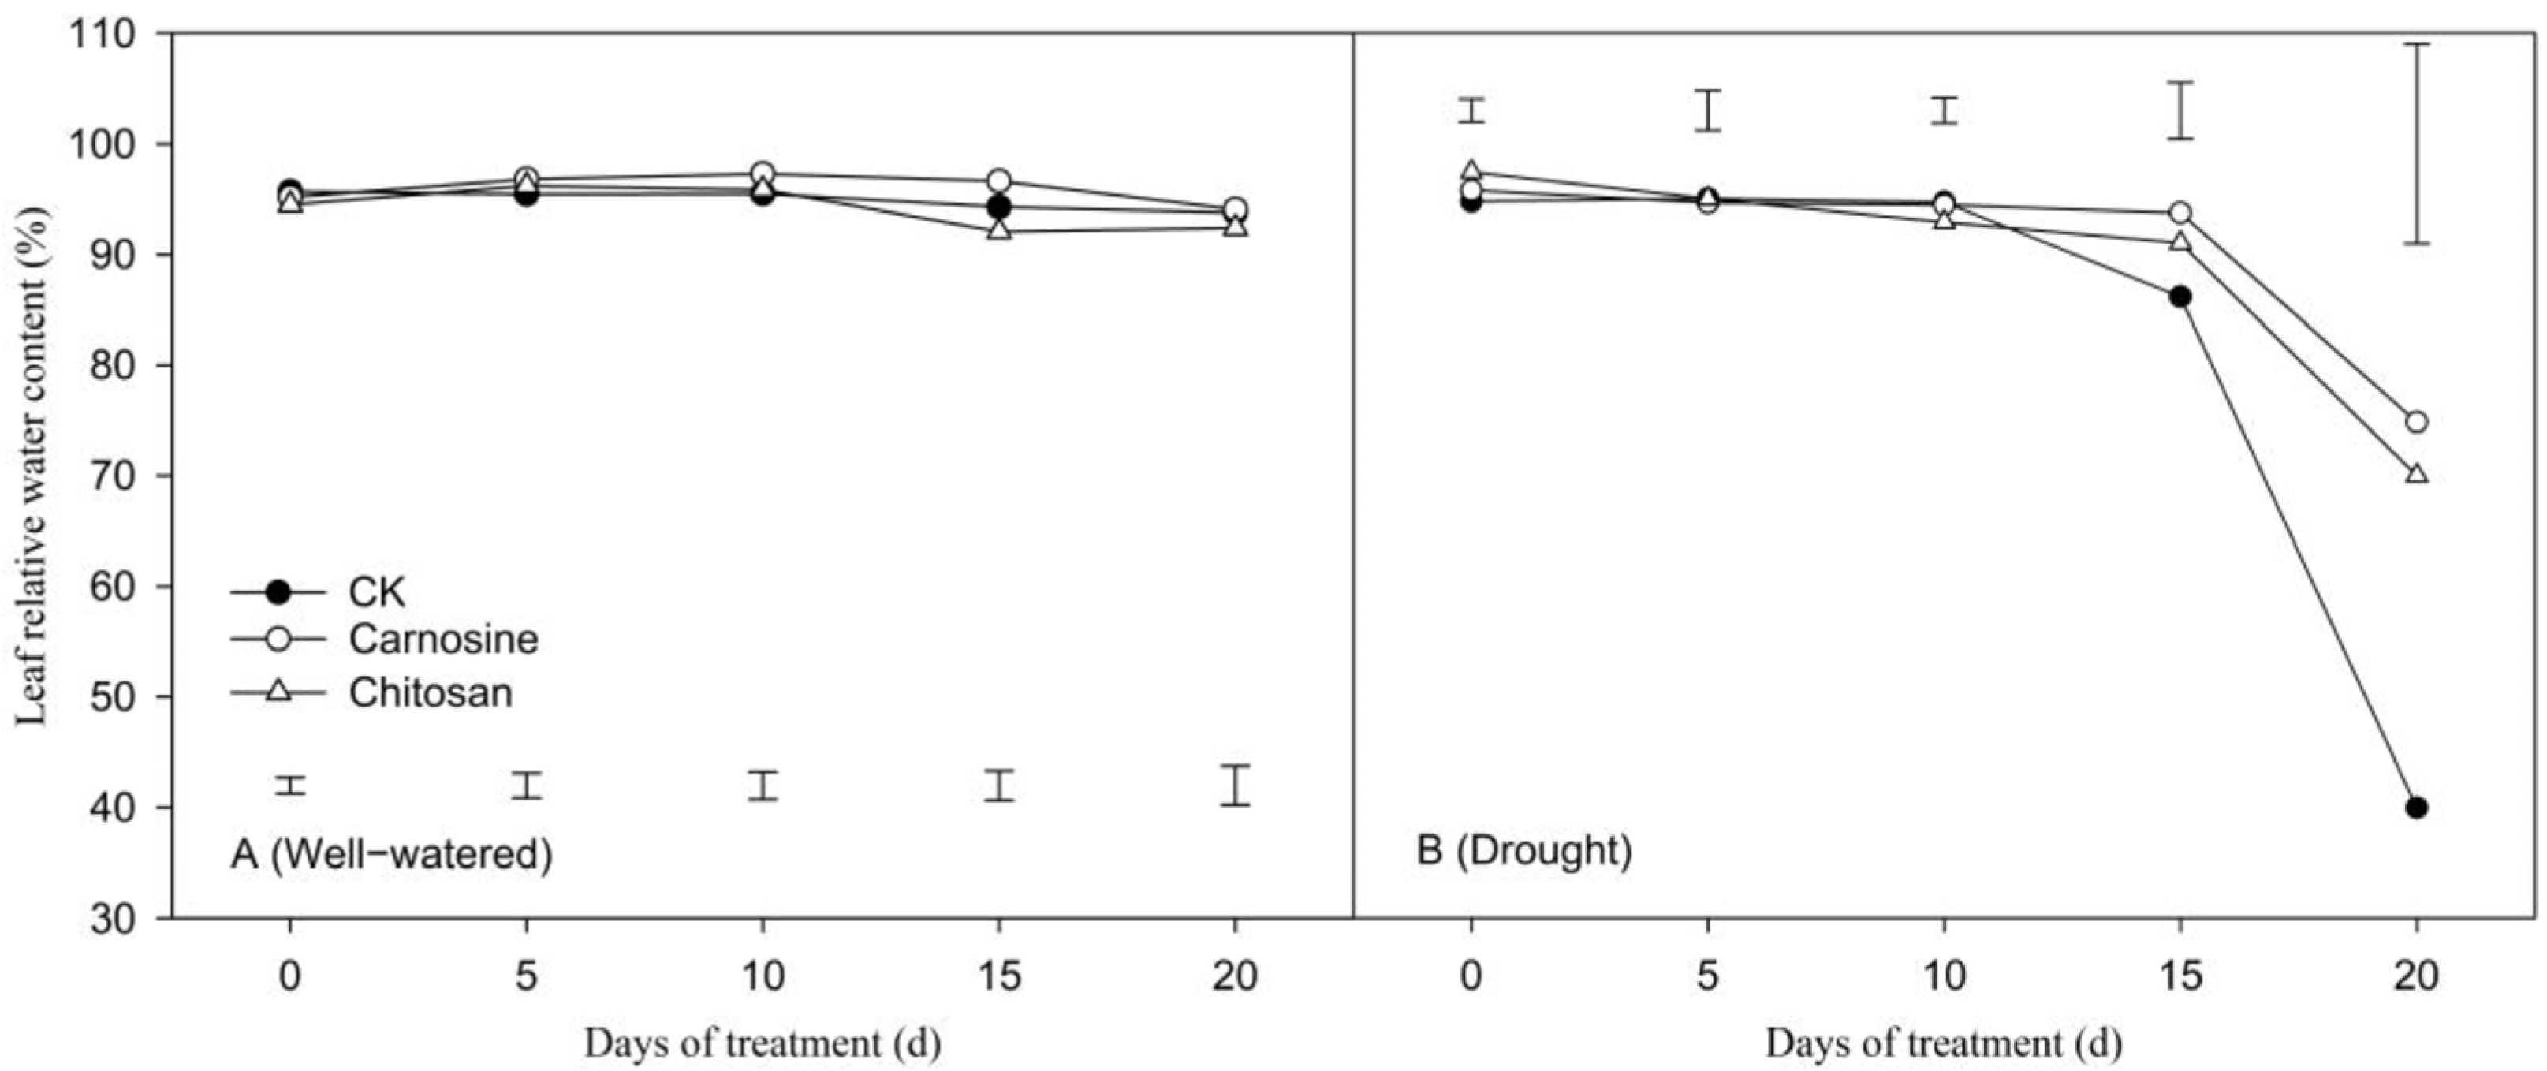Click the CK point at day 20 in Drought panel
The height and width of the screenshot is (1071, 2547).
[x=2415, y=808]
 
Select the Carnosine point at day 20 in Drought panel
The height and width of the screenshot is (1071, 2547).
[x=2415, y=422]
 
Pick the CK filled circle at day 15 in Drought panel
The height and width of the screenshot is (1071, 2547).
[x=2180, y=297]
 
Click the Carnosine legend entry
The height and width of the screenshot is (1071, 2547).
[x=442, y=639]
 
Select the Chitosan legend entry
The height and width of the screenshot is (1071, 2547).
[x=430, y=692]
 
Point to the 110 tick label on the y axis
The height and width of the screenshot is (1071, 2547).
[x=101, y=35]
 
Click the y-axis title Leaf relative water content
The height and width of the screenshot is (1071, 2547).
[x=32, y=465]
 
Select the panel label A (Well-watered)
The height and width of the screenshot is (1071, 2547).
[x=390, y=853]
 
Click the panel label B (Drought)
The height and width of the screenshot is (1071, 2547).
[x=1523, y=849]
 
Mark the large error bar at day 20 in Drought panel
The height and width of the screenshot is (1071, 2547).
[x=2415, y=144]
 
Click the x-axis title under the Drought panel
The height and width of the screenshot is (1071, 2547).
[x=1943, y=1043]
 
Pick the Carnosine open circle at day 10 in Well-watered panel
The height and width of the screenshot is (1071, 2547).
[x=763, y=173]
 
